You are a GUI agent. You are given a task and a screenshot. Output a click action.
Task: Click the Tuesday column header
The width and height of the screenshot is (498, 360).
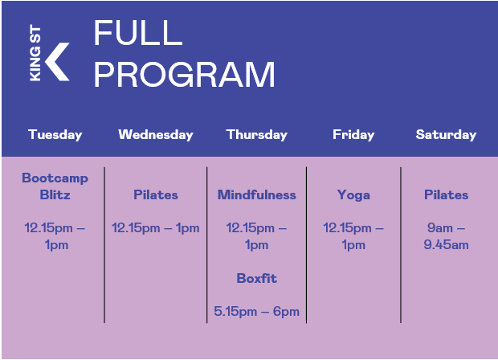55,135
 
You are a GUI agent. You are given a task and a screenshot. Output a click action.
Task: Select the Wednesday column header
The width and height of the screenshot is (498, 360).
156,135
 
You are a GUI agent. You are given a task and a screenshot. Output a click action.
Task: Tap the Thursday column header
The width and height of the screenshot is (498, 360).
256,135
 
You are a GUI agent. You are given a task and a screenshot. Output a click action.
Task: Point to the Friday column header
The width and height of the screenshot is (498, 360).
353,135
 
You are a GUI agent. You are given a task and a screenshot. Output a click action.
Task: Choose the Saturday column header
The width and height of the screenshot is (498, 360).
447,135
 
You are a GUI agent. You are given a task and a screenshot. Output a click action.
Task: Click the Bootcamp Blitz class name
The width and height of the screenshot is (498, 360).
55,186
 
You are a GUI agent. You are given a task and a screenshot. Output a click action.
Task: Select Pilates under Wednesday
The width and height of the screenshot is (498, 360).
156,194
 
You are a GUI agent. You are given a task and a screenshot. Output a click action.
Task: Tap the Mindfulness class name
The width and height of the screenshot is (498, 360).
256,194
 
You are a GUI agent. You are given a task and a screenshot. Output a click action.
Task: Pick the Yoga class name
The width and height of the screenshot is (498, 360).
353,195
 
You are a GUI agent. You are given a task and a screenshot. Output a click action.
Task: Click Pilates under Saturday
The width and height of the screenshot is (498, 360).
447,194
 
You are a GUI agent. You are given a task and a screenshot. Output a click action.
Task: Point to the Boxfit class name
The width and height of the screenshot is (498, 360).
256,278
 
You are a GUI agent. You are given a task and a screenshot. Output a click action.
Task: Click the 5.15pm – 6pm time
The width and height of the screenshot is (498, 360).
256,312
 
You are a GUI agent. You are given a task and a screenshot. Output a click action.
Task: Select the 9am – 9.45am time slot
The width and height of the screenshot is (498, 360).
447,236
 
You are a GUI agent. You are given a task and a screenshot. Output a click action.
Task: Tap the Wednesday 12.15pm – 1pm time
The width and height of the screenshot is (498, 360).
156,228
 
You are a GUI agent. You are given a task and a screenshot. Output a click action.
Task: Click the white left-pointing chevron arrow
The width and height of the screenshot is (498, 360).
57,62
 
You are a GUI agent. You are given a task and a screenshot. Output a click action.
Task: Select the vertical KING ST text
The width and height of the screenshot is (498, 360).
35,53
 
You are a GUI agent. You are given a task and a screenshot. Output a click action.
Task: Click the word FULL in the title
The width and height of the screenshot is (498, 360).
138,32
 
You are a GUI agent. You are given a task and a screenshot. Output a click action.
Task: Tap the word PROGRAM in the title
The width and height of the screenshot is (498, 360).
184,74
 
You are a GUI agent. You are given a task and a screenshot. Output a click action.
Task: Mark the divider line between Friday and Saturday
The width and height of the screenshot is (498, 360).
401,245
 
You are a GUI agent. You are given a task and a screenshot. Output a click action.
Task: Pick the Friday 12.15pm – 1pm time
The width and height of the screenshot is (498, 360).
353,236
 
